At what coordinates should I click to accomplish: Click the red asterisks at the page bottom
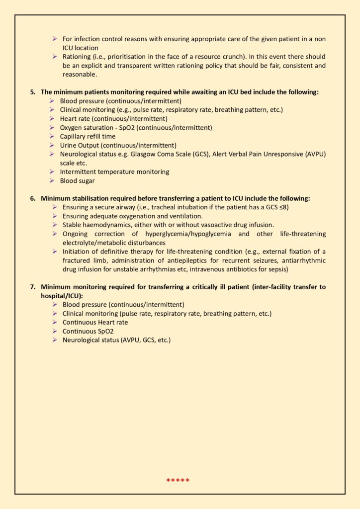pos(178,480)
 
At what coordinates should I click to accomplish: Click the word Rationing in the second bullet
pos(77,57)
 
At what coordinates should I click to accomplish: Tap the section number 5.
pos(33,92)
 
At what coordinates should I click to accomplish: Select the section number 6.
pos(33,198)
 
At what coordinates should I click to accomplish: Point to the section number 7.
pos(33,287)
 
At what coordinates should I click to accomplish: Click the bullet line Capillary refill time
pos(88,136)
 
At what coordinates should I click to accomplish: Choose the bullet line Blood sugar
pos(79,180)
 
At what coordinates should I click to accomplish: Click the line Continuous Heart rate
pos(95,322)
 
